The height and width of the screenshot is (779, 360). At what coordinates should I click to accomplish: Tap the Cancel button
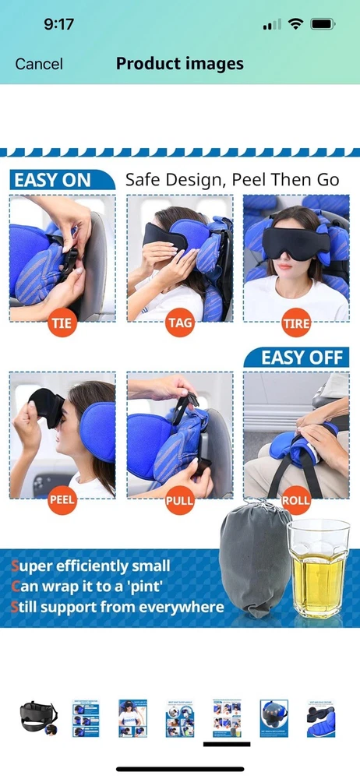pyautogui.click(x=39, y=64)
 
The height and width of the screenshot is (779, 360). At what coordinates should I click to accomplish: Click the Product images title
pyautogui.click(x=179, y=64)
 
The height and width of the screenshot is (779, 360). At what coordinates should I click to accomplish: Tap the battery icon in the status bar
pyautogui.click(x=323, y=24)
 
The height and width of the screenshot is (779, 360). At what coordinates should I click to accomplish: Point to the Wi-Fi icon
pyautogui.click(x=296, y=24)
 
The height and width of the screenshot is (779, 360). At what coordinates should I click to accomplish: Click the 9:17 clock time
pyautogui.click(x=58, y=24)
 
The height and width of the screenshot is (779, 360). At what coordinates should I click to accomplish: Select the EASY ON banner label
pyautogui.click(x=52, y=181)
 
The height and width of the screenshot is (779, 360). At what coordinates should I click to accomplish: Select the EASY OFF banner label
pyautogui.click(x=302, y=358)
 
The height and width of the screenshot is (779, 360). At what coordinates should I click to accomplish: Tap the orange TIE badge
pyautogui.click(x=62, y=323)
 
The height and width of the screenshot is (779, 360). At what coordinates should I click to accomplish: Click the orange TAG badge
pyautogui.click(x=179, y=323)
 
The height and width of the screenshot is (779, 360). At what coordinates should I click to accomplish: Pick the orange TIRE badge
pyautogui.click(x=296, y=323)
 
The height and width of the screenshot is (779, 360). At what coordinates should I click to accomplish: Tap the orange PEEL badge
pyautogui.click(x=62, y=499)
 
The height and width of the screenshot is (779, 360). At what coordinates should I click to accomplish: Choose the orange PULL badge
pyautogui.click(x=179, y=499)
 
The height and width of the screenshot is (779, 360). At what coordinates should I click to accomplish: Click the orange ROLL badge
pyautogui.click(x=296, y=499)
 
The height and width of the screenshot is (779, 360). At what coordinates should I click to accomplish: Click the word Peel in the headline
pyautogui.click(x=249, y=180)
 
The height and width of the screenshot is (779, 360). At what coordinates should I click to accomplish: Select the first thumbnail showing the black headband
pyautogui.click(x=39, y=718)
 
